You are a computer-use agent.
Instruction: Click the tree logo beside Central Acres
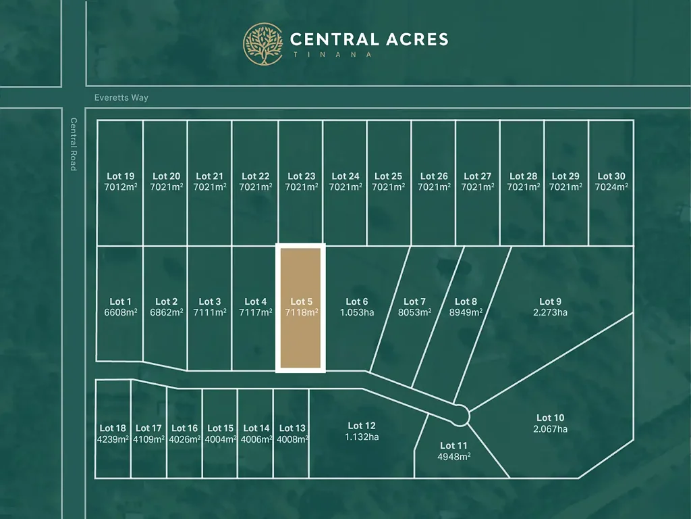(x=263, y=45)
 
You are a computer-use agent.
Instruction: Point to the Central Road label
(x=74, y=144)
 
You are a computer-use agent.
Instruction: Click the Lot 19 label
(x=120, y=176)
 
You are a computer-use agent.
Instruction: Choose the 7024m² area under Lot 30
(x=611, y=187)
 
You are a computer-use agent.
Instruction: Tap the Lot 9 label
(x=550, y=301)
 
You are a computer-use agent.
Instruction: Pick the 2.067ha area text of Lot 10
(x=550, y=429)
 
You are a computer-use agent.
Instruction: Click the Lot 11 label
(x=453, y=445)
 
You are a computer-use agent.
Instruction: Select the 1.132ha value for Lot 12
(x=362, y=437)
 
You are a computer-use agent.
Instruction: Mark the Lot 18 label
(x=113, y=428)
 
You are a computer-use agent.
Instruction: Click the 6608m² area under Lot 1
(x=120, y=312)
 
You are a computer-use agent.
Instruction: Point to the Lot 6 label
(x=357, y=301)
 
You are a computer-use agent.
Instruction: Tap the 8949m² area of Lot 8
(x=466, y=312)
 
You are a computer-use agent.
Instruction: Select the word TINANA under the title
(x=331, y=55)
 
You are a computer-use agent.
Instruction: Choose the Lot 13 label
(x=292, y=428)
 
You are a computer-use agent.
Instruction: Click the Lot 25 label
(x=388, y=176)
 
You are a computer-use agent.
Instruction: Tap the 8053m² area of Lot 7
(x=414, y=312)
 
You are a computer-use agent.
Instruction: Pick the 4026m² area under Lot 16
(x=184, y=439)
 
